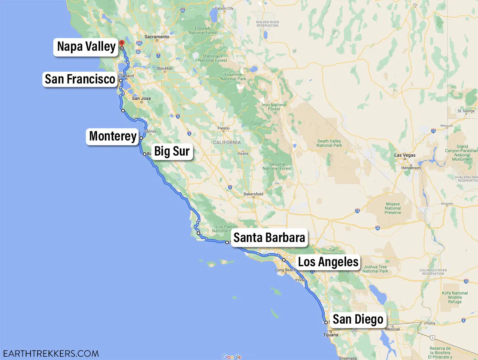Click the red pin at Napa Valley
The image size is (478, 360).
click(122, 43)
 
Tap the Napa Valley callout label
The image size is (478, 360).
click(86, 47)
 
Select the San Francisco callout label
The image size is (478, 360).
click(80, 79)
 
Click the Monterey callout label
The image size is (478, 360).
click(113, 136)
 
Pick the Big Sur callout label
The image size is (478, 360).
click(172, 151)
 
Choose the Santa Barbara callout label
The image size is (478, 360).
click(269, 238)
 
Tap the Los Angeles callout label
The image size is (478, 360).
click(328, 262)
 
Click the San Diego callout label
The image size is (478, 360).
click(358, 319)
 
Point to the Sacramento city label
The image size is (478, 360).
click(157, 37)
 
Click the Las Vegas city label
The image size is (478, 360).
click(405, 155)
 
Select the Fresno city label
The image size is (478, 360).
click(224, 128)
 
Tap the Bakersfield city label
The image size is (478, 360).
click(253, 194)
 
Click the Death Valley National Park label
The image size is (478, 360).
click(329, 143)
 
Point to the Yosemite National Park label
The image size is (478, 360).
click(233, 76)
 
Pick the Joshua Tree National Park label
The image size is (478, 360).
click(375, 269)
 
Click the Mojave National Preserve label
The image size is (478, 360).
click(393, 208)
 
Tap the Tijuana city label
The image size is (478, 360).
click(331, 335)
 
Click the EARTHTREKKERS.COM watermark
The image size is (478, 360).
click(51, 354)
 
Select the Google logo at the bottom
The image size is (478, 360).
click(232, 357)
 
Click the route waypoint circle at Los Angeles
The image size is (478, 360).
click(284, 260)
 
